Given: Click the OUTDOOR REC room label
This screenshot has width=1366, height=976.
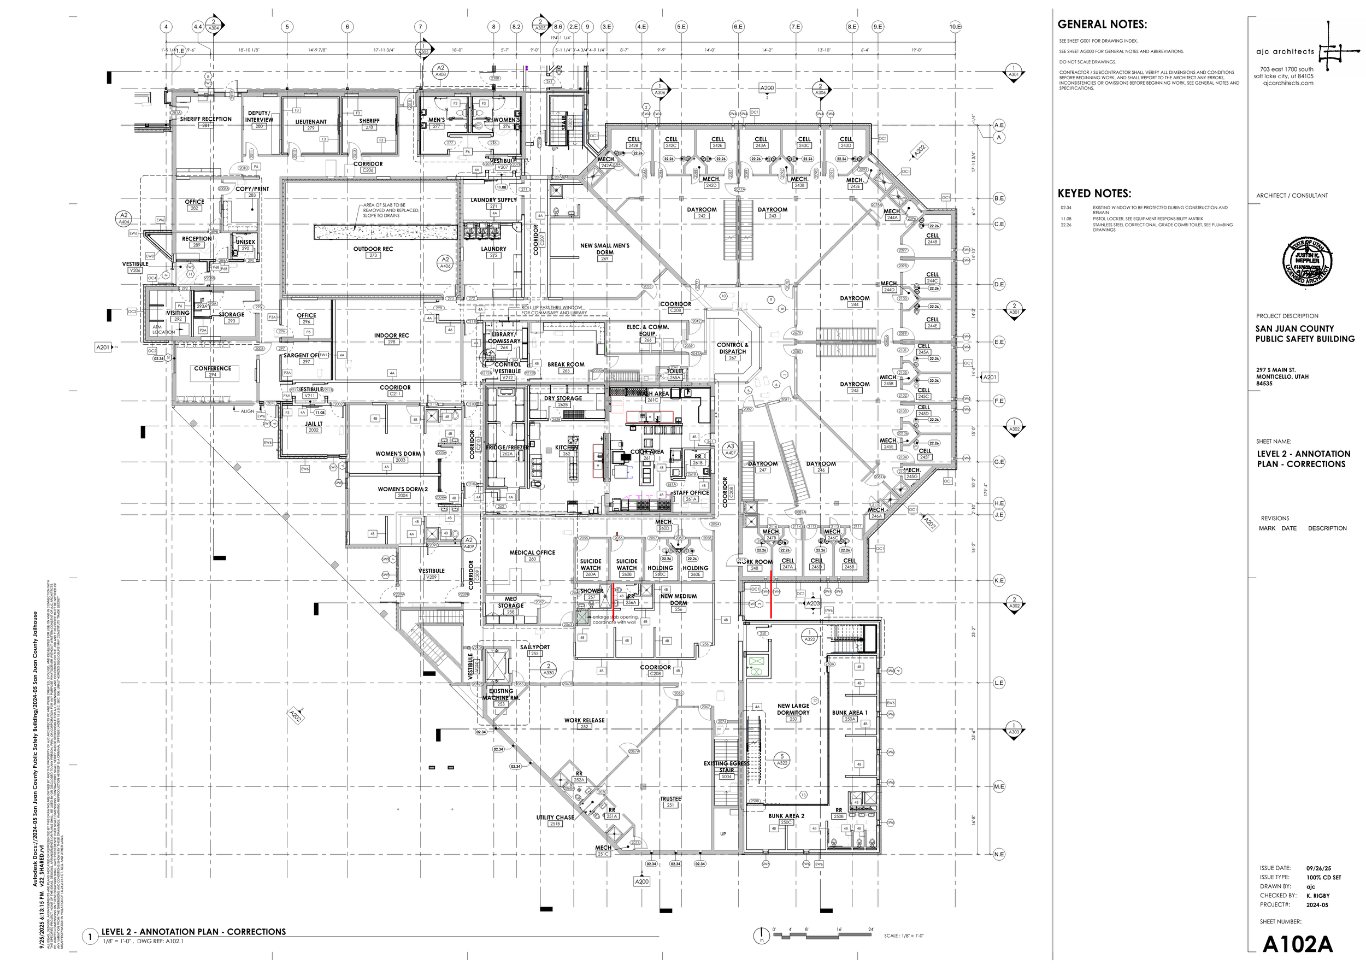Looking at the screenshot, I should pos(373,249).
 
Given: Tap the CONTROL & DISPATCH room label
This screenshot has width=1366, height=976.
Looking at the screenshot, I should pos(733,348).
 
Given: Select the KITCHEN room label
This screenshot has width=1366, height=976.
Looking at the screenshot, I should pos(566,448).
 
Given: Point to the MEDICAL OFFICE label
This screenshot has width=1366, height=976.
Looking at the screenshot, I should pos(532,552).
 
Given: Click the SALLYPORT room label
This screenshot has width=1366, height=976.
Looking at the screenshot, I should pos(535,647).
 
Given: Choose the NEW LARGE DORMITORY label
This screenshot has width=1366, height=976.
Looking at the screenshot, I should pos(793,709).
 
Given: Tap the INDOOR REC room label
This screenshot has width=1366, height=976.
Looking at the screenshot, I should pos(391,336).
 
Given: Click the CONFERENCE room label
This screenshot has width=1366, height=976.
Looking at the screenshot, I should pos(212,368).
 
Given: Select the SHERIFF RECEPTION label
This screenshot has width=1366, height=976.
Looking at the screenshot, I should pos(205,119).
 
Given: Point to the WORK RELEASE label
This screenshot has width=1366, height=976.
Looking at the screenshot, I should pos(584,720).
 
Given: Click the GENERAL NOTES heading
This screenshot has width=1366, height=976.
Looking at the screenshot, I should pos(1102,25).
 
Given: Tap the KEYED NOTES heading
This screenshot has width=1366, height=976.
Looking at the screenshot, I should pos(1094,193).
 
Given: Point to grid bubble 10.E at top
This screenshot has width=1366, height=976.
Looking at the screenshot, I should pos(955,26).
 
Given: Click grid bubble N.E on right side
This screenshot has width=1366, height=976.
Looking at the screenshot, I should pos(999,854).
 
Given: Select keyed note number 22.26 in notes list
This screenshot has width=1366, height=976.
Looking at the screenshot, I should pos(1066,225).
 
